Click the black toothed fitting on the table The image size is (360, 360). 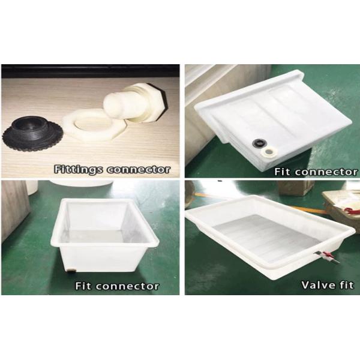pos(32,133)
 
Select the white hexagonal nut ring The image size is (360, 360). pos(94,125)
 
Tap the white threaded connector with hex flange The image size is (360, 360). pos(136,103)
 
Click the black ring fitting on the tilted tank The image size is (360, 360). pos(259,143)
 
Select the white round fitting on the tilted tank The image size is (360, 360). pos(268,152)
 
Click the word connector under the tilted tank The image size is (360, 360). pos(326,172)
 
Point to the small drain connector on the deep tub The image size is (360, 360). pos(71,271)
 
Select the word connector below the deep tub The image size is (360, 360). pos(127,286)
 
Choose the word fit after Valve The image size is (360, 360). pos(346,285)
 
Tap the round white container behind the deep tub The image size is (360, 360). pos(82,183)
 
